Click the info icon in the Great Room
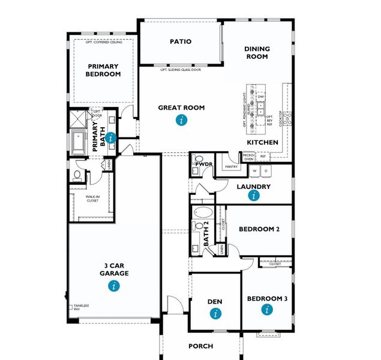[181, 120]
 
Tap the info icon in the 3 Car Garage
[114, 286]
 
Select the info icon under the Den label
[215, 313]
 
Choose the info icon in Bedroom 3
[267, 310]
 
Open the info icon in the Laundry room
[254, 196]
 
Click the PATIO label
[181, 41]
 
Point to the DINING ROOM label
[257, 53]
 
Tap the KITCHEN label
[263, 142]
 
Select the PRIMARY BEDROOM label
[104, 70]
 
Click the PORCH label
[200, 346]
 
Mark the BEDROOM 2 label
[259, 229]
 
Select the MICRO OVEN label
[248, 157]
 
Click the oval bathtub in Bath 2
[202, 213]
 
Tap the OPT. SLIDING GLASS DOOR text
[180, 70]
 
